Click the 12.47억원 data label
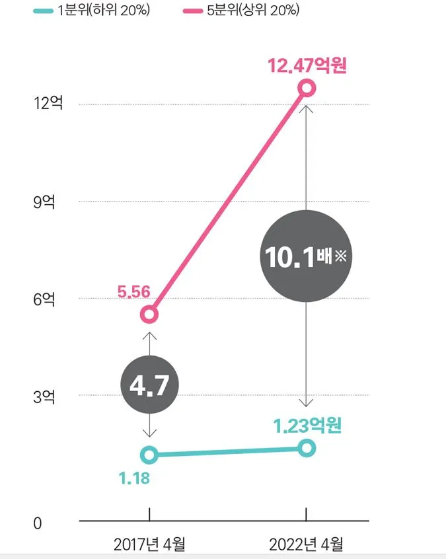[x=307, y=66]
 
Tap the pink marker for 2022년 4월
[x=307, y=88]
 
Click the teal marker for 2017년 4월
[x=150, y=455]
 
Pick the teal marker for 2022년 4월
[x=307, y=448]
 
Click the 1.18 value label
[x=135, y=478]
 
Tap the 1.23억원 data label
[x=308, y=426]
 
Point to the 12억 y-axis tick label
[x=50, y=104]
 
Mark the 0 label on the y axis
[x=37, y=523]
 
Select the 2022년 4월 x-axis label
[x=307, y=545]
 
